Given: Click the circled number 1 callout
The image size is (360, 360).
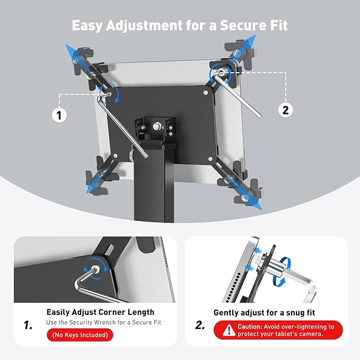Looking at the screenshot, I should tap(60, 114).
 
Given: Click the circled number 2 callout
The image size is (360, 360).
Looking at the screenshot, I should tap(285, 110).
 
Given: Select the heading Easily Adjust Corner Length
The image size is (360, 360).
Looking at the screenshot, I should tap(100, 312).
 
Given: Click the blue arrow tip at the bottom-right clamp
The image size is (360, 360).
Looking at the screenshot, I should tap(259, 209).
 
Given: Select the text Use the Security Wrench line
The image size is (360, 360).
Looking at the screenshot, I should tap(103, 322).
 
